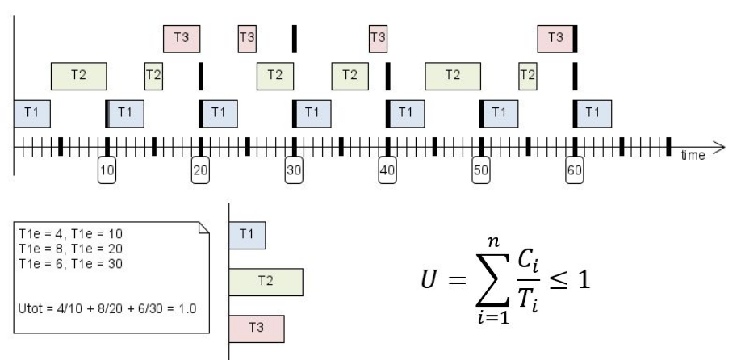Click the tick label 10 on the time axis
tap(107, 172)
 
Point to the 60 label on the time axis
tap(574, 172)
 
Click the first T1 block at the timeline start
tap(31, 113)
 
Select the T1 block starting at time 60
tap(592, 113)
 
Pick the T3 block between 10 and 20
tap(182, 37)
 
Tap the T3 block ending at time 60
tap(555, 37)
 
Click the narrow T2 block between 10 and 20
tap(153, 75)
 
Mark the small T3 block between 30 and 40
tap(377, 37)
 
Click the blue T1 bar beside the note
tap(248, 235)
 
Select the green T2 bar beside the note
tap(266, 281)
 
